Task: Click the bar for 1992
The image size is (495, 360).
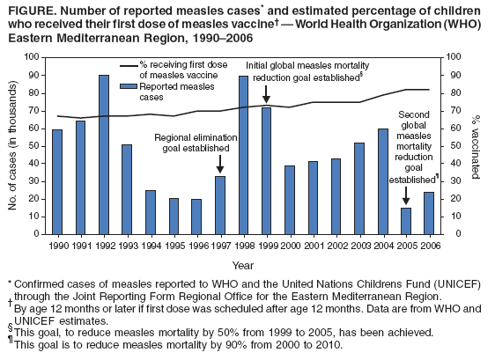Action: pos(104,154)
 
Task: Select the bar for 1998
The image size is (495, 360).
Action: pos(243,155)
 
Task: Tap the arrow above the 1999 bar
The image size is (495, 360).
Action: pos(266,92)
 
